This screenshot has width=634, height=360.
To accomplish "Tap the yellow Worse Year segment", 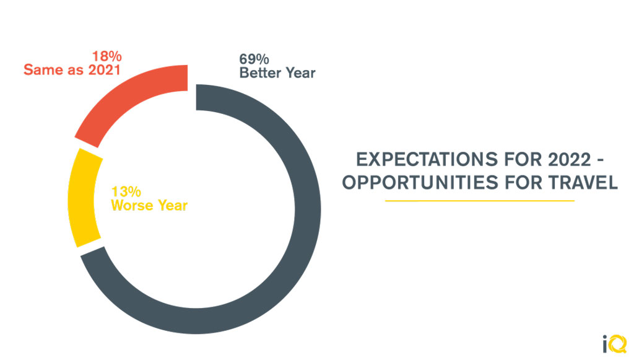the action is tap(84, 198).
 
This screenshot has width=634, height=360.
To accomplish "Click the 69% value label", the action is tap(254, 59).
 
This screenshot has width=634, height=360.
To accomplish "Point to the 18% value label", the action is tap(106, 56).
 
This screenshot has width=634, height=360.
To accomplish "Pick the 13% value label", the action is tap(126, 191).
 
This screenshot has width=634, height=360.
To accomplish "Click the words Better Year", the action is tap(277, 73).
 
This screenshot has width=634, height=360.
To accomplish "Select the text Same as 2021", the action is tap(72, 69).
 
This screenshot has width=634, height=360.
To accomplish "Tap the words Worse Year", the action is tap(149, 205).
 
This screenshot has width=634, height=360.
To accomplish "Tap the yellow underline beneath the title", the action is tap(480, 201).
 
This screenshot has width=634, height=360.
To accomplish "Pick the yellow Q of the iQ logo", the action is tap(617, 345).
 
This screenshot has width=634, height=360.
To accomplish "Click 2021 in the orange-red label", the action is tap(104, 69).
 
